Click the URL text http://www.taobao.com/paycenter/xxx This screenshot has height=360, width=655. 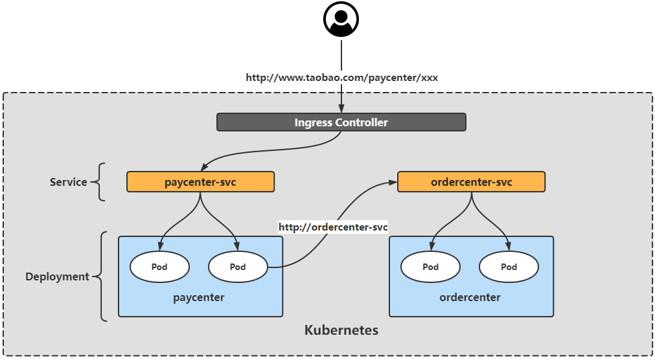(341, 78)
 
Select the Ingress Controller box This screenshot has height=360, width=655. (341, 122)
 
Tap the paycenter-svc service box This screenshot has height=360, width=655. (200, 182)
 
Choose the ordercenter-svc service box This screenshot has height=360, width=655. (471, 182)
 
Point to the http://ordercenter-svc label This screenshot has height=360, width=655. (333, 227)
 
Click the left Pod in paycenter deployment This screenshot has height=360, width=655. (159, 267)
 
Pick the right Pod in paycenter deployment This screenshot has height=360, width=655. (238, 267)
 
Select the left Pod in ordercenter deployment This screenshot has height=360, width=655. (430, 267)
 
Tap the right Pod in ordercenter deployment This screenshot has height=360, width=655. (509, 267)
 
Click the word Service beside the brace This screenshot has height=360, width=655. (68, 182)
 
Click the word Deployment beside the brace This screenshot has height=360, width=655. (57, 276)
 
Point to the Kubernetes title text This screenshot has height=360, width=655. (341, 330)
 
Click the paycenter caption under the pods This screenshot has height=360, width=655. (199, 298)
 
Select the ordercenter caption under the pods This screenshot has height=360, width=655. (470, 298)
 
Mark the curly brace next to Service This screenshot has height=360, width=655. (100, 182)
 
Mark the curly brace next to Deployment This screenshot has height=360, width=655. (102, 276)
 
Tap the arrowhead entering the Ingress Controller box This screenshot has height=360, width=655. (341, 109)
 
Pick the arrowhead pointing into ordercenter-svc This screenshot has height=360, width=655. (393, 183)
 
